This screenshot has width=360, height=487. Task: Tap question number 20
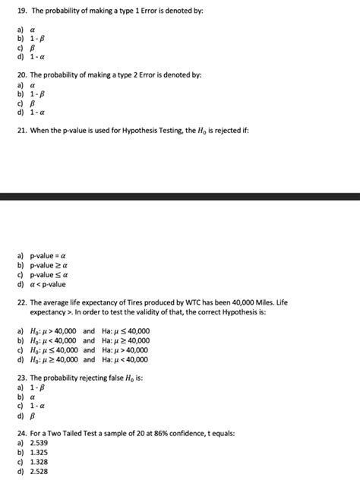tap(21, 77)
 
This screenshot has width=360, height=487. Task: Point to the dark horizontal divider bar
tap(180, 196)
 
